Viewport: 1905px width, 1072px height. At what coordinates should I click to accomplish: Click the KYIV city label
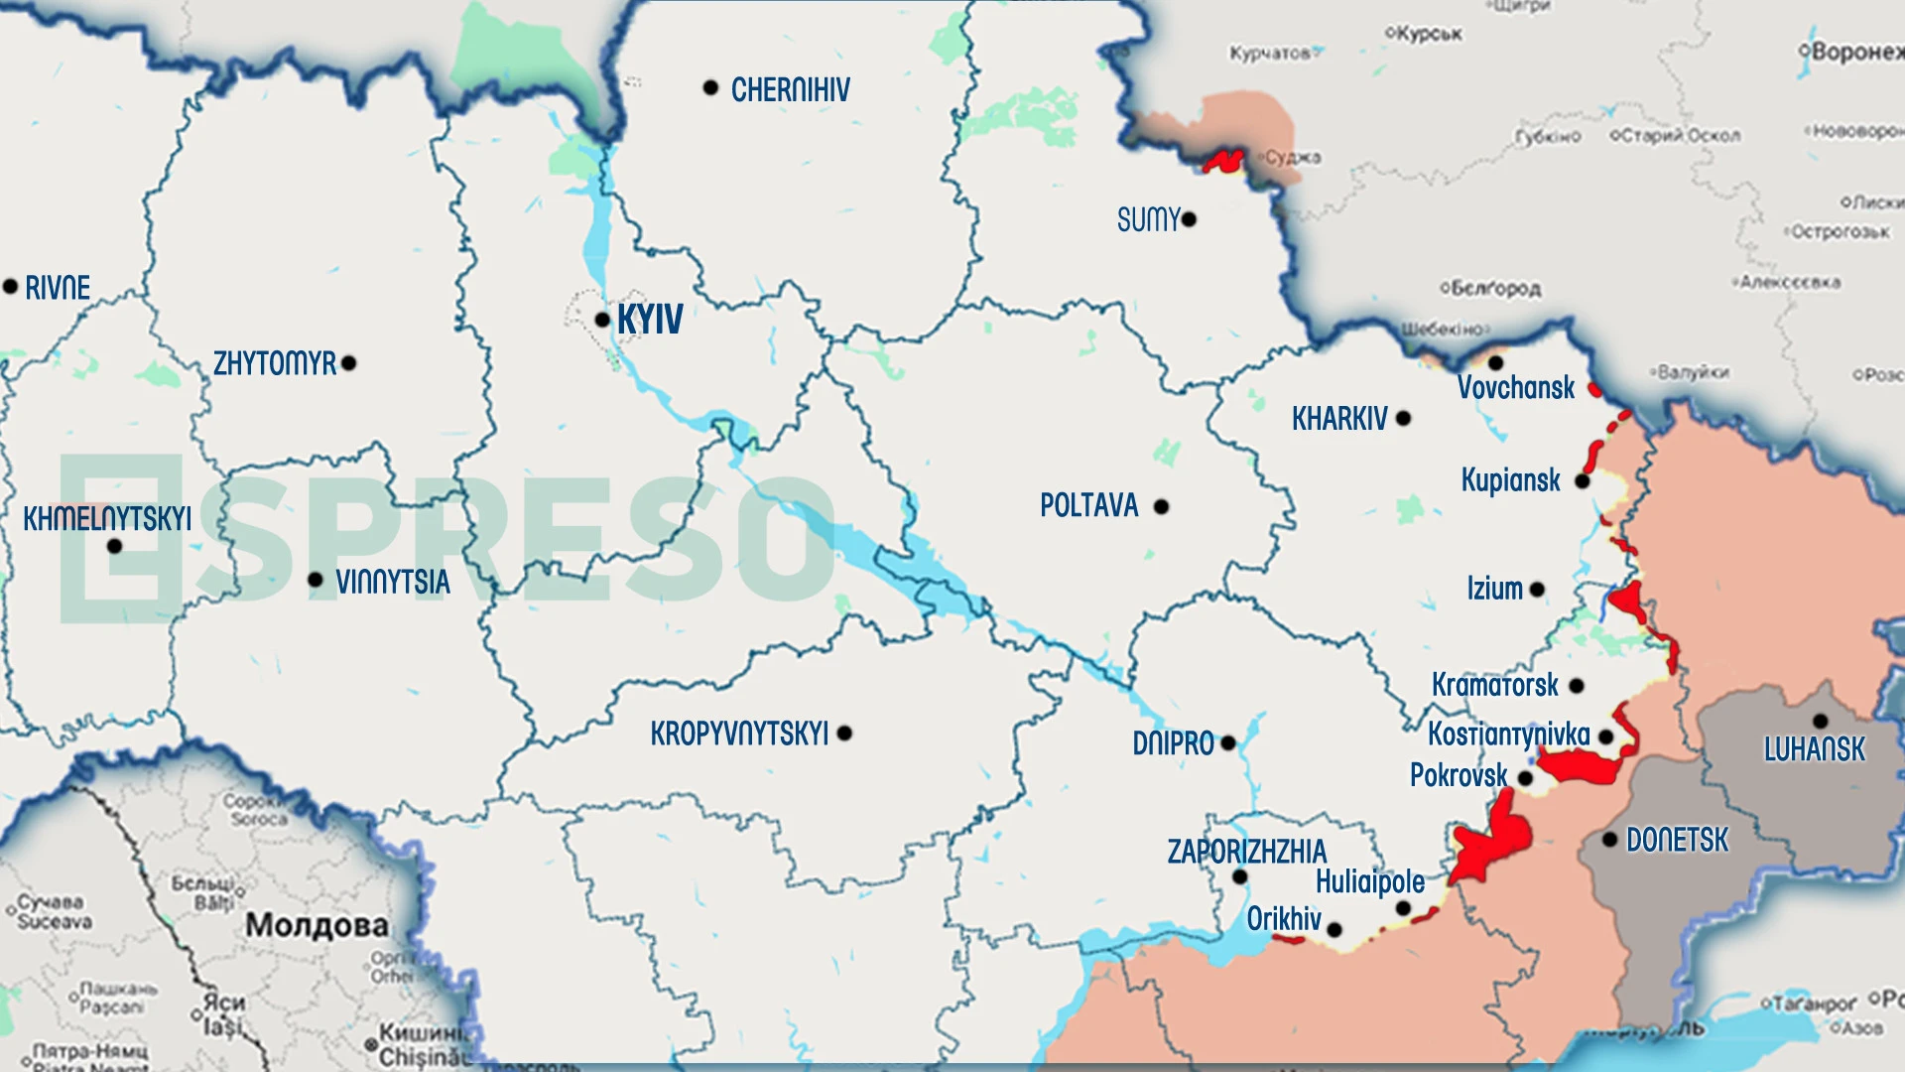(650, 320)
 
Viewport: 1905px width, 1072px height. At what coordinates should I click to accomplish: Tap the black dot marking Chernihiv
(710, 88)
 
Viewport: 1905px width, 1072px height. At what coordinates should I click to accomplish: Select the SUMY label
(1148, 219)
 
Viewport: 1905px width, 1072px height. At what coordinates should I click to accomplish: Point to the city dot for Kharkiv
(1403, 418)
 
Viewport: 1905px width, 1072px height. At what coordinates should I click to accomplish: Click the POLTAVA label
(1088, 505)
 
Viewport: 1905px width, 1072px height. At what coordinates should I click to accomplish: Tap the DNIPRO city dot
(1228, 742)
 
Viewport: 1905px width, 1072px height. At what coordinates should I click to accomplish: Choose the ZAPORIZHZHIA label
(1246, 852)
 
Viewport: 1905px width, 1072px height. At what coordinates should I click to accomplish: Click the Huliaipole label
(1369, 881)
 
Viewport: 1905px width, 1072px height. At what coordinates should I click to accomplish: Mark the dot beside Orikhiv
(1334, 930)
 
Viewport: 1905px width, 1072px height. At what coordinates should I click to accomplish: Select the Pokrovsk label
(1458, 775)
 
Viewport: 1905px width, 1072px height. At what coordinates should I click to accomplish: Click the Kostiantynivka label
(1508, 735)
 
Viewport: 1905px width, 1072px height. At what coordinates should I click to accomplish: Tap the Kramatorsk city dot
(1577, 685)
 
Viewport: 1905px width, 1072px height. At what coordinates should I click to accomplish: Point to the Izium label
(1494, 589)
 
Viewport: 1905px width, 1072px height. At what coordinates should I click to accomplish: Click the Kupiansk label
(1510, 480)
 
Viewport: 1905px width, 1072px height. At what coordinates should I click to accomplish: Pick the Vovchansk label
(1515, 387)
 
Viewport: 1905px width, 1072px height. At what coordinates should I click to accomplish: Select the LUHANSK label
(1814, 748)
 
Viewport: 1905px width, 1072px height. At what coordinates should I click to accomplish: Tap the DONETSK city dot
(1610, 840)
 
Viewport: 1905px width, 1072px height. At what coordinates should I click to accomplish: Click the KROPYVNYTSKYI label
(739, 734)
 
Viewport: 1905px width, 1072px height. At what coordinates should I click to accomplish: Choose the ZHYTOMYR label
(275, 363)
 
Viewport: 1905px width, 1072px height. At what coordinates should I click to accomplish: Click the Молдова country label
(317, 925)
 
